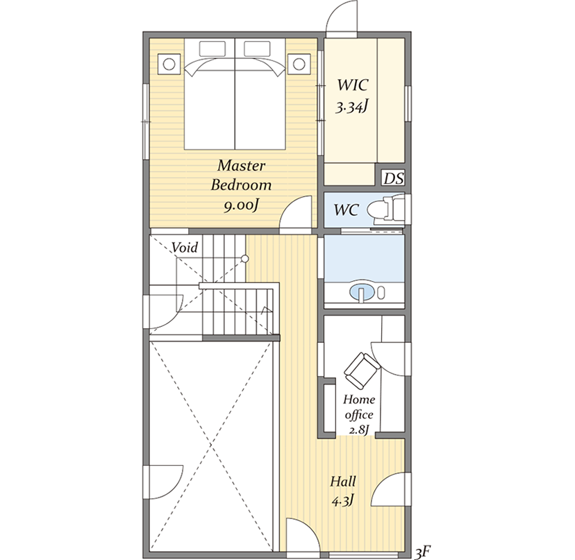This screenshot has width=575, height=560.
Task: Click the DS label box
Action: tap(393, 178)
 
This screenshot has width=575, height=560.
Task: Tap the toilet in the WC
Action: tap(389, 210)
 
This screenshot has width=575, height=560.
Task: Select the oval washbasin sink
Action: tap(362, 292)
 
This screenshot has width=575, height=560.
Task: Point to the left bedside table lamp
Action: tap(169, 65)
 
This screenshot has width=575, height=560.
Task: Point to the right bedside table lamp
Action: tap(299, 65)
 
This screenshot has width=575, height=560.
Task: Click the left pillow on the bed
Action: tap(212, 49)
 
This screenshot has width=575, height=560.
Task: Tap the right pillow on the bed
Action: tap(257, 49)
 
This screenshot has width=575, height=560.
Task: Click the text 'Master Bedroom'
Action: tap(241, 175)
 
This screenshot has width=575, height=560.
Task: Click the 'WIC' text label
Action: tap(352, 85)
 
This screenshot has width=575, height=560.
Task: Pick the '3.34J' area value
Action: tap(352, 108)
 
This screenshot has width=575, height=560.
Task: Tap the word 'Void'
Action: tap(185, 248)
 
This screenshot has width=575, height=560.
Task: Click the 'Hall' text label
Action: tap(343, 481)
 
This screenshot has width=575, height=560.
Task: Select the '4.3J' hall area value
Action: tap(343, 501)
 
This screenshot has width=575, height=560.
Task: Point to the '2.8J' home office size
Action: tap(358, 430)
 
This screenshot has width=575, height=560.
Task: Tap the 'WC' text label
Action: tap(346, 210)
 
